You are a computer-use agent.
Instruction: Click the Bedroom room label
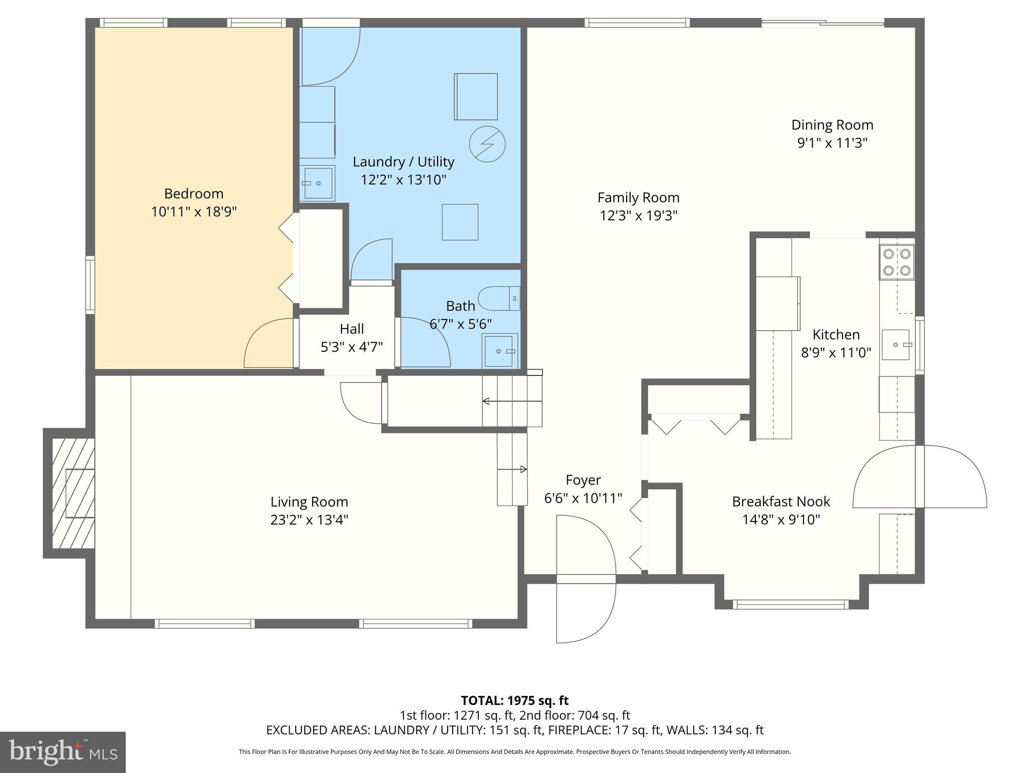[x=194, y=194]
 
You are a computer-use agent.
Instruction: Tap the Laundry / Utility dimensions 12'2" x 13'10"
[x=403, y=180]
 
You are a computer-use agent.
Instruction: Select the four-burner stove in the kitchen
[x=897, y=262]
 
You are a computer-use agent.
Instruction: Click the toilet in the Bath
[x=498, y=298]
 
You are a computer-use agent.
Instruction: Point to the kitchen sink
[x=896, y=345]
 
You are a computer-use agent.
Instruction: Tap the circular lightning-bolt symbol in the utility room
[x=487, y=144]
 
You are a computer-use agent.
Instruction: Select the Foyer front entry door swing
[x=586, y=579]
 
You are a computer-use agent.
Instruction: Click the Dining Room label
[x=832, y=125]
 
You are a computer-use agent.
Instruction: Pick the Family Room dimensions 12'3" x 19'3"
[x=638, y=216]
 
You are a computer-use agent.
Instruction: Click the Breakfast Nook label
[x=781, y=501]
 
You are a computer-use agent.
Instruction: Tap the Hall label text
[x=352, y=329]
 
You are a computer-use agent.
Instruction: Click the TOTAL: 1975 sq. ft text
[x=514, y=700]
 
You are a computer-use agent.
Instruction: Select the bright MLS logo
[x=62, y=752]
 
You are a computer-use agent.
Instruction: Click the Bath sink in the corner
[x=499, y=351]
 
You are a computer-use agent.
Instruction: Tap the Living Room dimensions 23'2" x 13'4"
[x=309, y=520]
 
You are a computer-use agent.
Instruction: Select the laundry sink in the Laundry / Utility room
[x=317, y=183]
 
